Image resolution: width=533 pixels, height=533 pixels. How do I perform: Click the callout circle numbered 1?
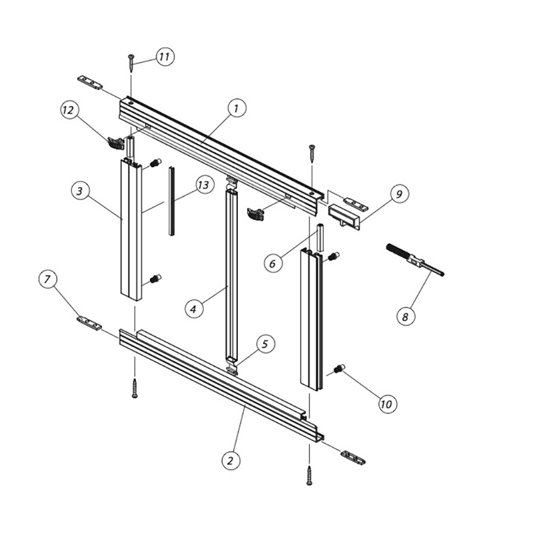tap(235, 107)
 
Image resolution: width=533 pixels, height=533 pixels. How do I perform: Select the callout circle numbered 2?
tap(230, 459)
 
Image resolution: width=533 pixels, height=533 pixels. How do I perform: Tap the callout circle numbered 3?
tap(79, 191)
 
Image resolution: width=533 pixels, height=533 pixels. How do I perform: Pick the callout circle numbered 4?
tap(193, 308)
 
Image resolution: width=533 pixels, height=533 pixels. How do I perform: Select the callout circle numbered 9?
tap(399, 195)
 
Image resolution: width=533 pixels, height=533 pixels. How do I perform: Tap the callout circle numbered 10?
tap(387, 402)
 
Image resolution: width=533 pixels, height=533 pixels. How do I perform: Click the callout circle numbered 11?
tap(165, 57)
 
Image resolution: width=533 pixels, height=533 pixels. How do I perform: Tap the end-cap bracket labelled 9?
tap(346, 215)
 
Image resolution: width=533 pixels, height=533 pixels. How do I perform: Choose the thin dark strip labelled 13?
tap(172, 201)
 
